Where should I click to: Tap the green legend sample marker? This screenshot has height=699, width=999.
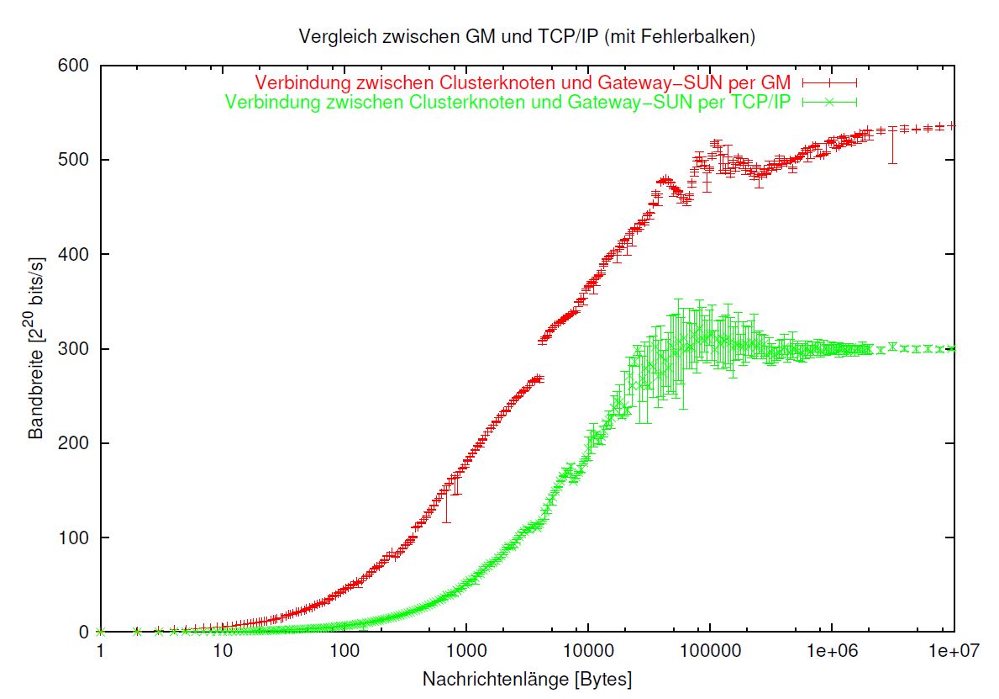point(829,102)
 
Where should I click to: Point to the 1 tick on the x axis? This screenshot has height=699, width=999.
point(100,651)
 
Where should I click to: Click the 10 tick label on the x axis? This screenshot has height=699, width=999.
point(222,651)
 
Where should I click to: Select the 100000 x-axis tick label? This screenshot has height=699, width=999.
point(709,651)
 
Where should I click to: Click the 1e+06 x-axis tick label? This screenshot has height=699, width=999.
point(831,651)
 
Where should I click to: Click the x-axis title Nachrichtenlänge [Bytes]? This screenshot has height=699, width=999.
point(527,678)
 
